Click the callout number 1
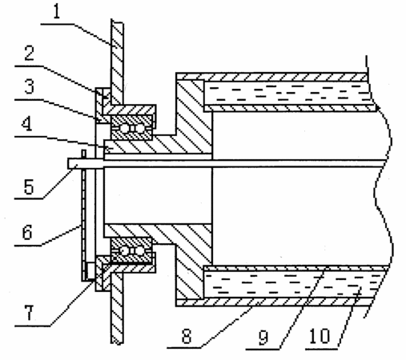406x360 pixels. pyautogui.click(x=56, y=12)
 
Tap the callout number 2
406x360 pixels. pyautogui.click(x=30, y=53)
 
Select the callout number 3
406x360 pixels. pyautogui.click(x=30, y=86)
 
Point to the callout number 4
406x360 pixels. pyautogui.click(x=27, y=123)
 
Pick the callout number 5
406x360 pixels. pyautogui.click(x=29, y=186)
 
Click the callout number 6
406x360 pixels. pyautogui.click(x=27, y=232)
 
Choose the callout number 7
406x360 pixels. pyautogui.click(x=30, y=313)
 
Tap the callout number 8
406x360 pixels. pyautogui.click(x=187, y=336)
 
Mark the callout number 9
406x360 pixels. pyautogui.click(x=263, y=337)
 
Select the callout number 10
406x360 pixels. pyautogui.click(x=320, y=336)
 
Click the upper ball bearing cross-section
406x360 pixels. pyautogui.click(x=131, y=128)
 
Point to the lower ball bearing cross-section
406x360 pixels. pyautogui.click(x=131, y=250)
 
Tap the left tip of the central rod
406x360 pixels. pyautogui.click(x=68, y=163)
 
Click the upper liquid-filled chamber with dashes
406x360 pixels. pyautogui.click(x=288, y=93)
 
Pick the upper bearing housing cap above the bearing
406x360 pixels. pyautogui.click(x=131, y=110)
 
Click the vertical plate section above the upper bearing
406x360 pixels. pyautogui.click(x=117, y=62)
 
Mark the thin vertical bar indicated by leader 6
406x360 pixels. pyautogui.click(x=84, y=215)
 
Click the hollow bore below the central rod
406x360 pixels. pyautogui.click(x=158, y=196)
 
